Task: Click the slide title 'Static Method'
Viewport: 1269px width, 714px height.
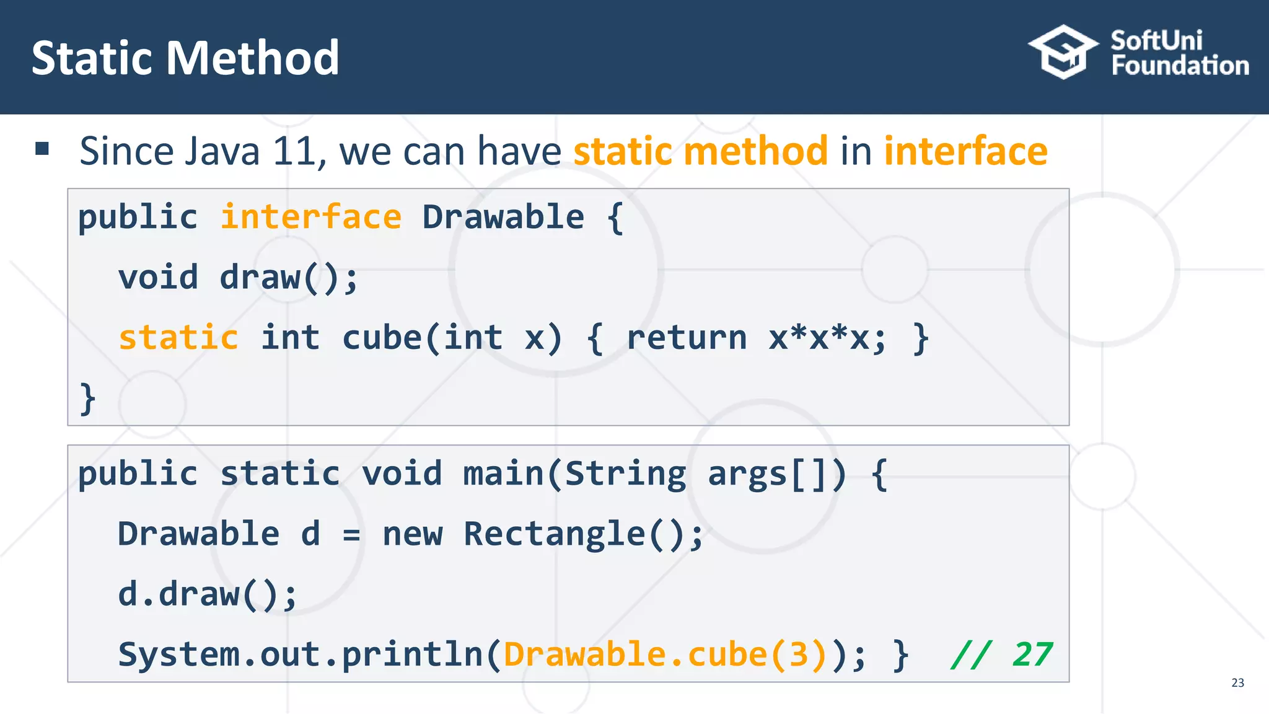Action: tap(185, 58)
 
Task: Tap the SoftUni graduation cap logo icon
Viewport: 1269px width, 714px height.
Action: tap(1063, 52)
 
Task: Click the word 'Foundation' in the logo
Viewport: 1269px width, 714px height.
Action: tap(1180, 66)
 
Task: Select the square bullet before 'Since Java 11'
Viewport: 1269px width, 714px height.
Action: tap(42, 148)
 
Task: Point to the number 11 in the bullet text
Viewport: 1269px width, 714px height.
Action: tap(294, 151)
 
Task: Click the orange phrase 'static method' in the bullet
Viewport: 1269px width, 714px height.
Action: tap(700, 151)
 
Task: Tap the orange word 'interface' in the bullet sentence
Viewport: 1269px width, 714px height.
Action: tap(965, 151)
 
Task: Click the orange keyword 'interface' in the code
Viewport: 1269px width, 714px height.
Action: tap(311, 218)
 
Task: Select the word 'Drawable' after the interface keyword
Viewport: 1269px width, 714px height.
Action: tap(503, 218)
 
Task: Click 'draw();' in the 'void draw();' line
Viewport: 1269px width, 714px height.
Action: tap(289, 277)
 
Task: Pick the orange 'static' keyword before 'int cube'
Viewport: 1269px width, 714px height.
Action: tap(178, 338)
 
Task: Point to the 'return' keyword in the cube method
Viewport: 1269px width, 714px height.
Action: tap(687, 338)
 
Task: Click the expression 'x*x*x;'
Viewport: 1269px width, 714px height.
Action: tap(828, 338)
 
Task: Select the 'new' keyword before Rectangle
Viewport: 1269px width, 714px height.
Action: tap(413, 534)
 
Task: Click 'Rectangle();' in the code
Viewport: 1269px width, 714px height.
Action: tap(584, 534)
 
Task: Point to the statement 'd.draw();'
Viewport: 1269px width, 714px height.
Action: tap(208, 594)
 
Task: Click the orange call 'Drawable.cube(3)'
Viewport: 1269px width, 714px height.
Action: tap(665, 654)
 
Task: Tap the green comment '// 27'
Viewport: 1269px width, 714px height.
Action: tap(1001, 654)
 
